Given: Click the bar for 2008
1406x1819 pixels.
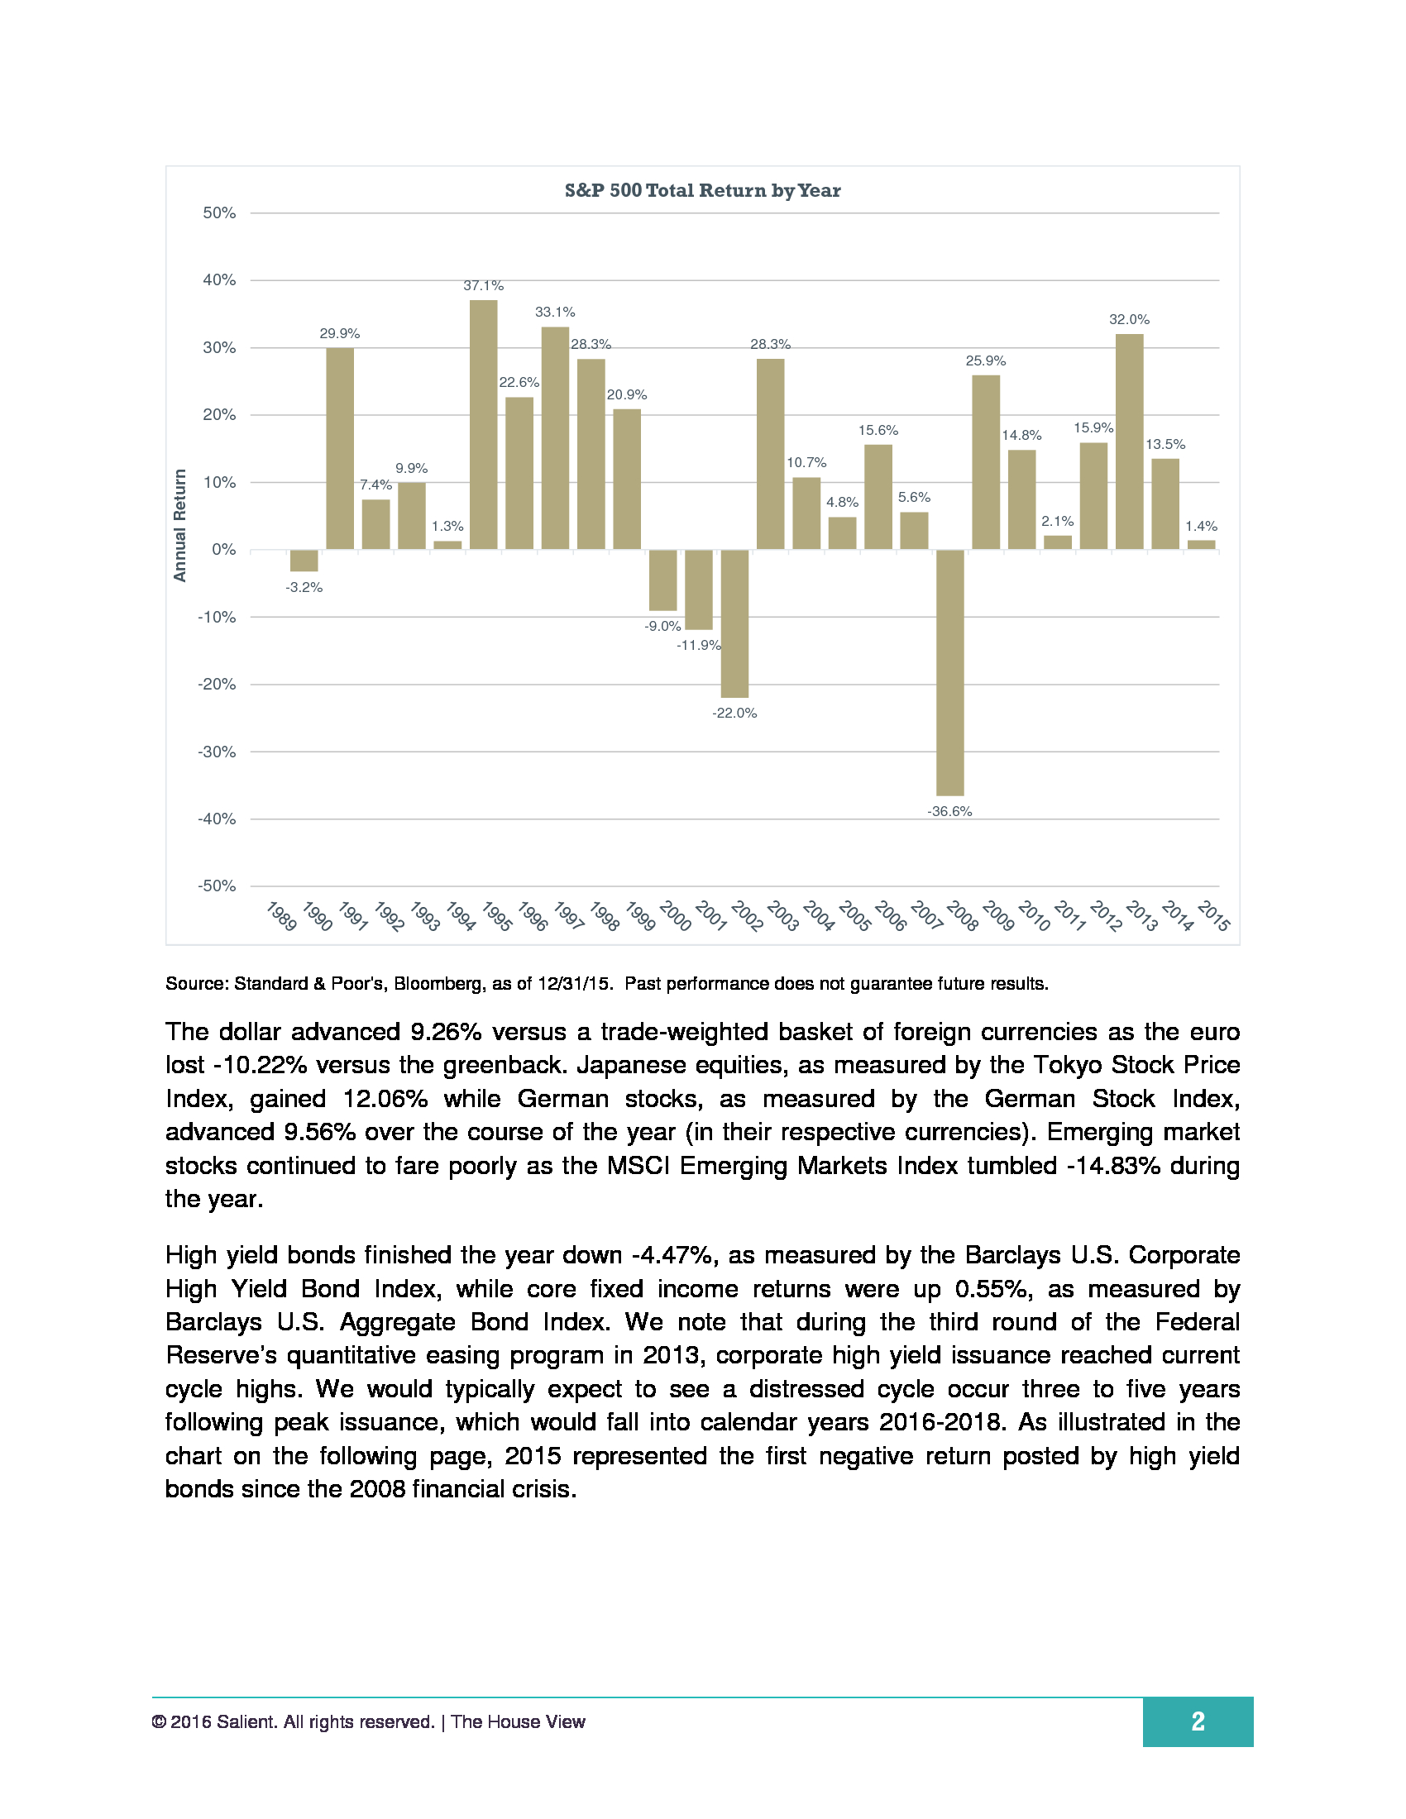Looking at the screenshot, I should click(x=949, y=672).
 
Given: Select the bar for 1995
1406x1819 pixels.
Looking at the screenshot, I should click(x=483, y=424).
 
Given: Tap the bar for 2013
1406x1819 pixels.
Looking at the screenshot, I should click(x=1129, y=442).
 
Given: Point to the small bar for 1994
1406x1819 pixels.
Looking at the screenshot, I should click(x=447, y=545).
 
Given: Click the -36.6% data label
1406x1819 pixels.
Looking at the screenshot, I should click(x=949, y=811).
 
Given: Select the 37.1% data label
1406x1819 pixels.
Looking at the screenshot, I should click(x=483, y=286).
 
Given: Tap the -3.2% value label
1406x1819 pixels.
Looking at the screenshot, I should click(x=304, y=587).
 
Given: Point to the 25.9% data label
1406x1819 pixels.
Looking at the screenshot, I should click(x=985, y=360).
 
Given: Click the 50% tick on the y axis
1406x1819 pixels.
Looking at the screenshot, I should click(x=219, y=213).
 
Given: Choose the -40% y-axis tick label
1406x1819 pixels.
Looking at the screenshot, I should click(x=217, y=819).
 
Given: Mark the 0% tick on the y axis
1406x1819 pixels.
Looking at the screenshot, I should click(x=223, y=550).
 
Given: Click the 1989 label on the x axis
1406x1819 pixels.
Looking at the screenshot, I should click(x=281, y=916).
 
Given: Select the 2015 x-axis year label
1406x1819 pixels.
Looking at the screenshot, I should click(x=1213, y=916).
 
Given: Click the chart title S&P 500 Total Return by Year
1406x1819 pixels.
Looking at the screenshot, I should click(x=702, y=191).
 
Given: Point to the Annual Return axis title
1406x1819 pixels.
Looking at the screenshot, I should click(x=180, y=525).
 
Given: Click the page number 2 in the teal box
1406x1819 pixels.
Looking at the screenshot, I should click(x=1197, y=1721).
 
